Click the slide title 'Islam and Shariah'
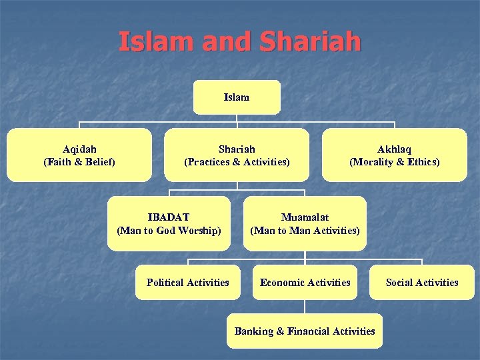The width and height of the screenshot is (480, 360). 239,41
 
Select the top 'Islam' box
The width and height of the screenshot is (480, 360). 237,97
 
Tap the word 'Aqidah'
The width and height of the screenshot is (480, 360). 79,149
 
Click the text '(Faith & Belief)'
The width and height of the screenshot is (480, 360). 79,162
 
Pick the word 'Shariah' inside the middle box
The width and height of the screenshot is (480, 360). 237,149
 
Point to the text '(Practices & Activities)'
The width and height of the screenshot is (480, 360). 237,162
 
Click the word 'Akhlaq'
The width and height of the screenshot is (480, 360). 394,149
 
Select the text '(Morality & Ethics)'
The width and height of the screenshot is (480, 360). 394,162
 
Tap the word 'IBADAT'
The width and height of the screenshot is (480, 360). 169,217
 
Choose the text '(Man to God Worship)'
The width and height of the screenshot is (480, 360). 169,231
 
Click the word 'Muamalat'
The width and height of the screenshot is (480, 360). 305,217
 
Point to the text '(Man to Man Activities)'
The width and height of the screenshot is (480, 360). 305,231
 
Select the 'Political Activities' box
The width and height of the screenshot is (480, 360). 187,283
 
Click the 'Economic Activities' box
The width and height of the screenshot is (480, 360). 305,283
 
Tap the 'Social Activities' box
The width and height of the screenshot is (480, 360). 422,283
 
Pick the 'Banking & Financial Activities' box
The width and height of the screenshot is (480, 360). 305,331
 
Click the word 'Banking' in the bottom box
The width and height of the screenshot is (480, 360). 254,331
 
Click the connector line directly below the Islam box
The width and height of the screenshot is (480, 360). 237,119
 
